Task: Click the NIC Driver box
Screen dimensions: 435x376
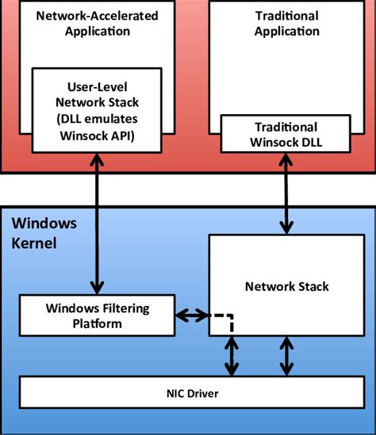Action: click(x=187, y=393)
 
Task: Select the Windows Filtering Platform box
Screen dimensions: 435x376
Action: click(x=96, y=314)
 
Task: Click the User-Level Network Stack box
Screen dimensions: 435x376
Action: click(x=96, y=110)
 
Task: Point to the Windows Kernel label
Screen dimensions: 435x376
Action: click(x=44, y=232)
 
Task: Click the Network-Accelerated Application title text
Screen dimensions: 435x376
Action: click(x=96, y=25)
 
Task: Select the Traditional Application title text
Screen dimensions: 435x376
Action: click(x=288, y=25)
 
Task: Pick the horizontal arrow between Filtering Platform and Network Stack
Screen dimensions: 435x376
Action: click(x=191, y=315)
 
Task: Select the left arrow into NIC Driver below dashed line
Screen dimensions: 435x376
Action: click(x=231, y=356)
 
